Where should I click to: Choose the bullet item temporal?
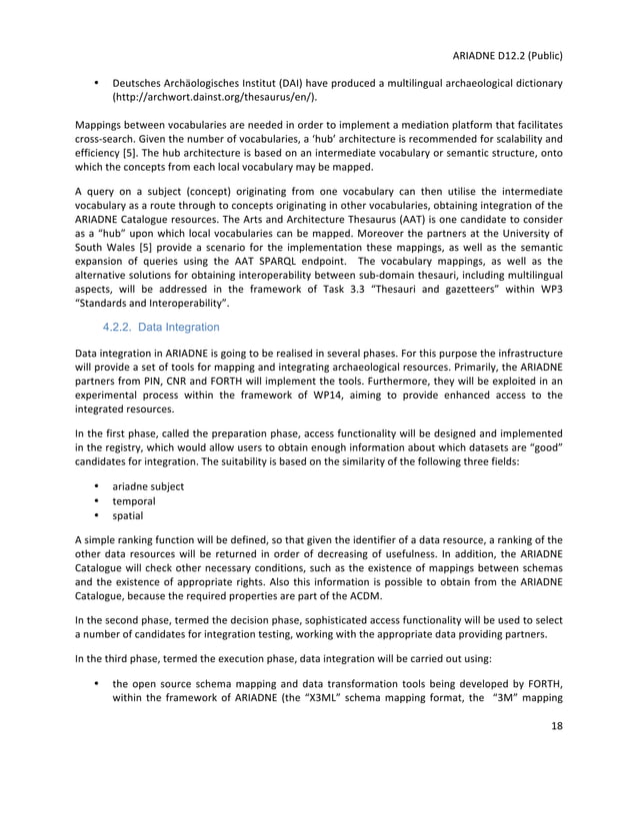point(135,501)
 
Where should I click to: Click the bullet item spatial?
point(128,516)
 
